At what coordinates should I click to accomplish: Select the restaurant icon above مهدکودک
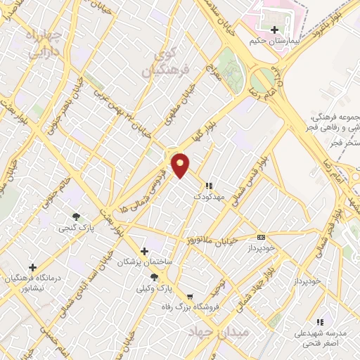(208, 186)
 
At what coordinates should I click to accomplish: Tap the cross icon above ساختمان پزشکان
(144, 251)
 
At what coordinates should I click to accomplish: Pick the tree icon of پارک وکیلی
(153, 277)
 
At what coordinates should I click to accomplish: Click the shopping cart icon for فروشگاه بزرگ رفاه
(189, 296)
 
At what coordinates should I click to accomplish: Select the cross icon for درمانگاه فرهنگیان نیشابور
(32, 267)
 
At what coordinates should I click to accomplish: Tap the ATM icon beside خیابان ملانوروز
(261, 237)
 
